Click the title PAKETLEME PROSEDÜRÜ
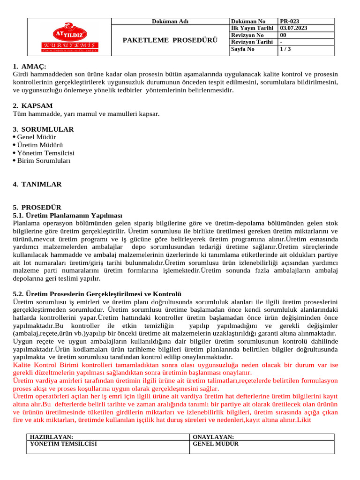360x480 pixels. (170, 40)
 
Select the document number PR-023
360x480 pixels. (289, 22)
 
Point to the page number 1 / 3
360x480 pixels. (285, 49)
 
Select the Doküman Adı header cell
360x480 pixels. (170, 22)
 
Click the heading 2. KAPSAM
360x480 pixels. (33, 105)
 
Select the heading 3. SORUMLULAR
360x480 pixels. (43, 129)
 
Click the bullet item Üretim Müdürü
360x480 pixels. (40, 145)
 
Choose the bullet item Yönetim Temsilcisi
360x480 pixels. (45, 153)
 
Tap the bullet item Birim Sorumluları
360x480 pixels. (44, 160)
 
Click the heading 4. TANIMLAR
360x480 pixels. (37, 184)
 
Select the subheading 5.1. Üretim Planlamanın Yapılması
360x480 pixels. (67, 215)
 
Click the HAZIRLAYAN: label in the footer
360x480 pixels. (52, 437)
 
